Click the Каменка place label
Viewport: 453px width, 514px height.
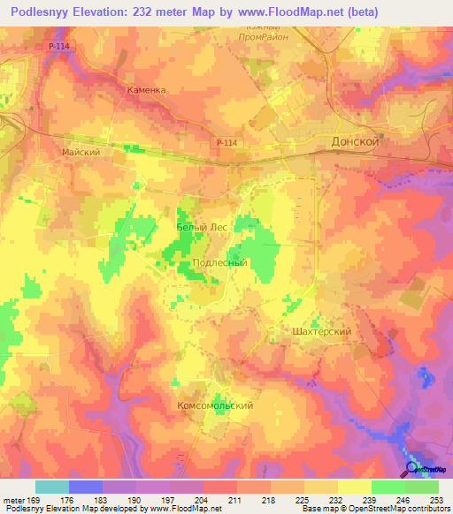click(146, 90)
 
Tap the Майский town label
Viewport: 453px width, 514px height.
click(80, 152)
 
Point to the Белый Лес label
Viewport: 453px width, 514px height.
click(203, 227)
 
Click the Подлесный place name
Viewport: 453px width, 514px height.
click(219, 263)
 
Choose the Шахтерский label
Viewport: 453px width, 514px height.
click(322, 331)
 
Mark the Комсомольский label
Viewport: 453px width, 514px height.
click(216, 405)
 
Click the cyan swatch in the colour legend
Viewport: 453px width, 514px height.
click(51, 487)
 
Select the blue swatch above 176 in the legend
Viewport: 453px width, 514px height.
click(85, 487)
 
